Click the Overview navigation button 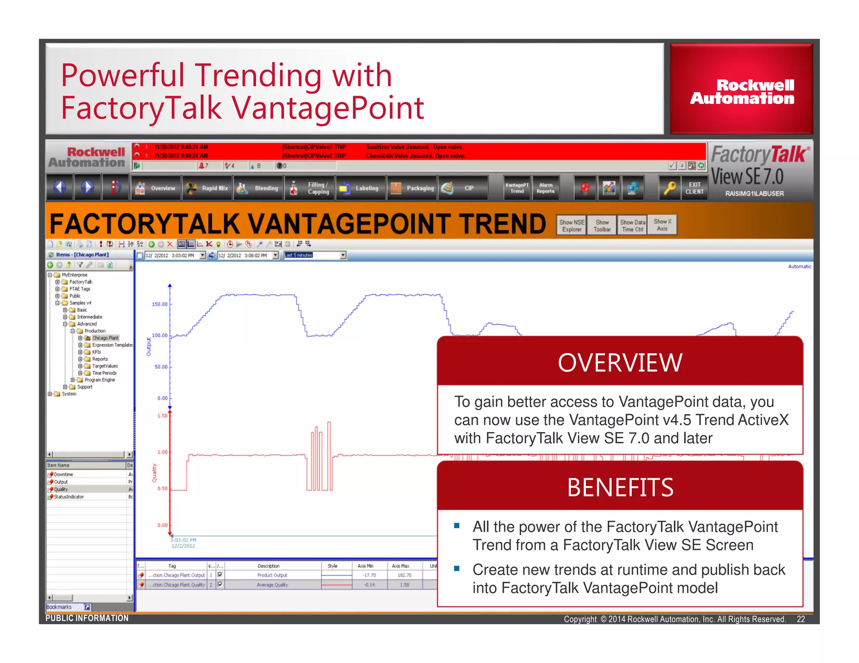[x=156, y=188]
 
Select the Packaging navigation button [x=412, y=188]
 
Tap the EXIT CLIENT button [x=694, y=188]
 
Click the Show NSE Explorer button [x=571, y=225]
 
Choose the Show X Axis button [x=662, y=225]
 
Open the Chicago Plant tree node [x=105, y=338]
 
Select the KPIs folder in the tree [x=96, y=352]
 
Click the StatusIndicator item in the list [x=69, y=497]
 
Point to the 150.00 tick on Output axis [x=160, y=304]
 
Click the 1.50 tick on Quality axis [x=163, y=416]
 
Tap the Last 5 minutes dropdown [x=315, y=255]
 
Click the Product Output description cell [x=272, y=575]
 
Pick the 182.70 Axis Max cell [x=404, y=575]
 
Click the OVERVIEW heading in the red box [x=620, y=363]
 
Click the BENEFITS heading [x=620, y=488]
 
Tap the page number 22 [x=800, y=619]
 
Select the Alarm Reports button [x=545, y=188]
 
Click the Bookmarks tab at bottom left [x=59, y=607]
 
